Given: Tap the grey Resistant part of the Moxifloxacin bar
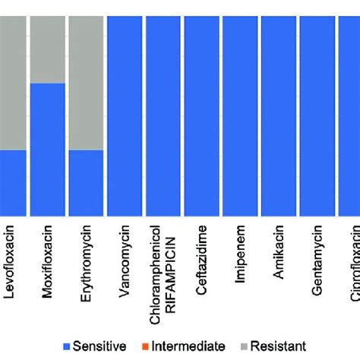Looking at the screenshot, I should [47, 49].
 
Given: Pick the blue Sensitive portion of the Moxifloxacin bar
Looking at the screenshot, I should [47, 149].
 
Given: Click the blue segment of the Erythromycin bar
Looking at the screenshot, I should [86, 182].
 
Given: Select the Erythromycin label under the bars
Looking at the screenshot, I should [86, 258].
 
